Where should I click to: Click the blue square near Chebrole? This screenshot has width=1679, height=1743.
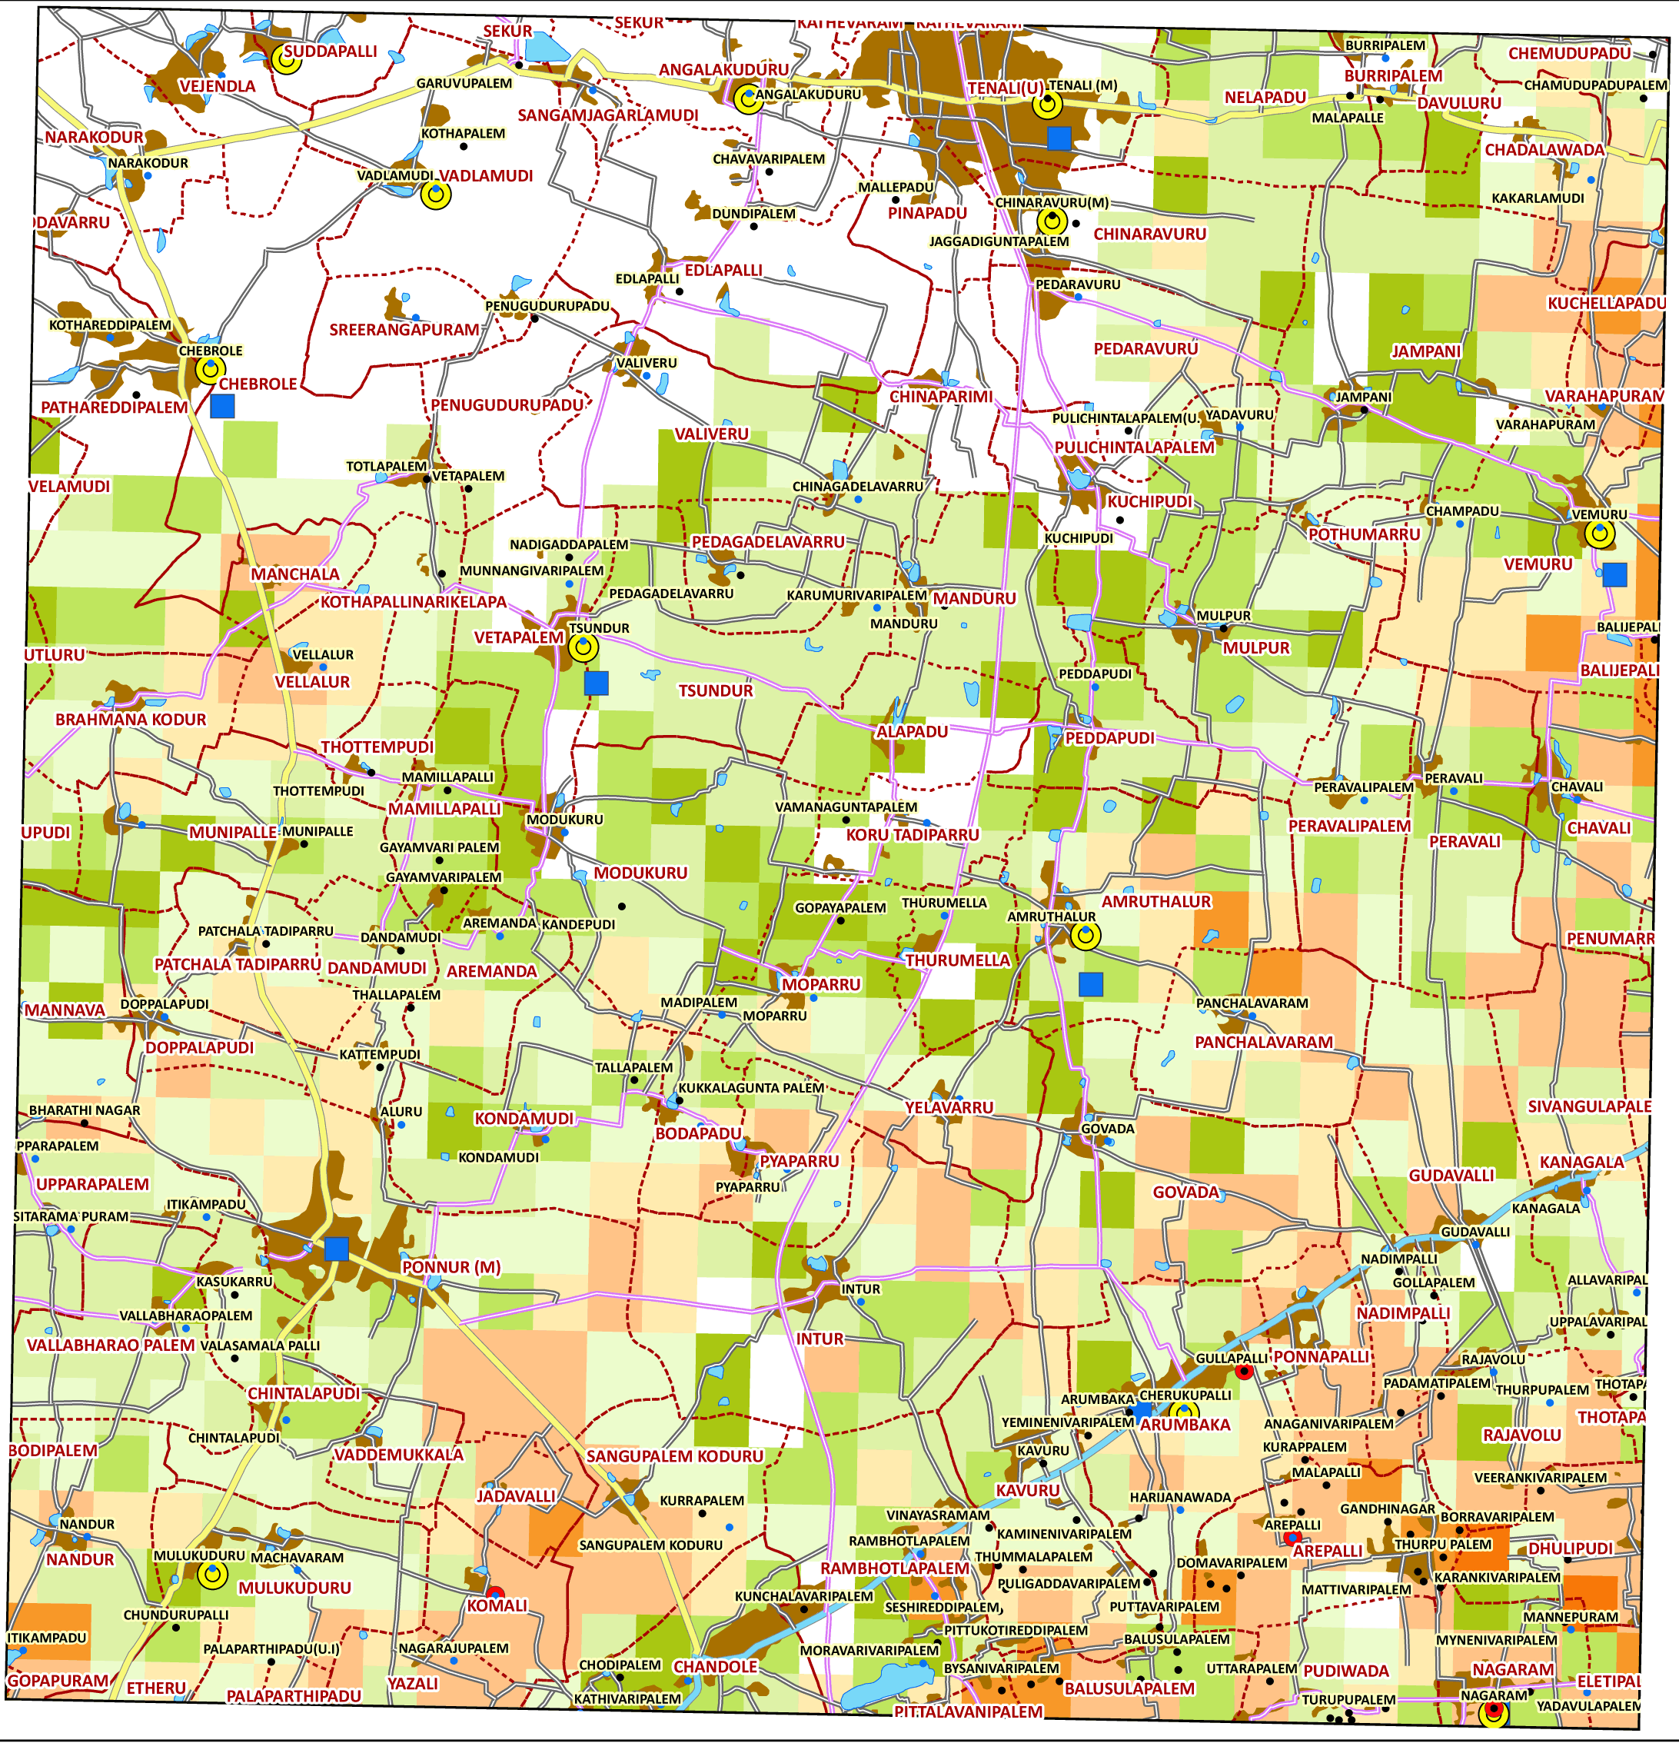tap(222, 407)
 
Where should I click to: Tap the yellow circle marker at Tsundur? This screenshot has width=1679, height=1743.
tap(583, 648)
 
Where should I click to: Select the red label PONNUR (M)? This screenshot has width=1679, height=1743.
tap(451, 1267)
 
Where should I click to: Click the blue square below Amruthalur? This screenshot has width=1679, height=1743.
tap(1090, 983)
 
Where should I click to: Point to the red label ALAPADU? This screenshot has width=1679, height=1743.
tap(912, 731)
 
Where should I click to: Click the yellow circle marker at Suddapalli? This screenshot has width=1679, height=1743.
tap(286, 59)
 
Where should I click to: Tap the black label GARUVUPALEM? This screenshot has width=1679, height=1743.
tap(464, 84)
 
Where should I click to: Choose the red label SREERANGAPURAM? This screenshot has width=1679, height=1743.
tap(404, 329)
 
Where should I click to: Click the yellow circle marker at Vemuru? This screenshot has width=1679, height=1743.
tap(1600, 534)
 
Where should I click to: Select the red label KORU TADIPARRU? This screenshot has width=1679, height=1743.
tap(913, 834)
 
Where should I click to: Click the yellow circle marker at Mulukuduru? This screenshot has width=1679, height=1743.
tap(211, 1575)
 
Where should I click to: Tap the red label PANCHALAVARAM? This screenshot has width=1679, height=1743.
tap(1264, 1041)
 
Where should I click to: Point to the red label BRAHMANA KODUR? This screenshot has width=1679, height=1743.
tap(131, 720)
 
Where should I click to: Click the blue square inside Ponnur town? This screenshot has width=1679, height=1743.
tap(336, 1249)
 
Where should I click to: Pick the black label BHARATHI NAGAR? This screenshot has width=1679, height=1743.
tap(85, 1109)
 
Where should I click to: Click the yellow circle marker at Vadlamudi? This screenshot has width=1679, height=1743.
tap(436, 195)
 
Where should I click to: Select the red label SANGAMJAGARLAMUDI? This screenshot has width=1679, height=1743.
tap(608, 115)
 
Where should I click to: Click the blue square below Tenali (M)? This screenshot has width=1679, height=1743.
tap(1059, 138)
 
